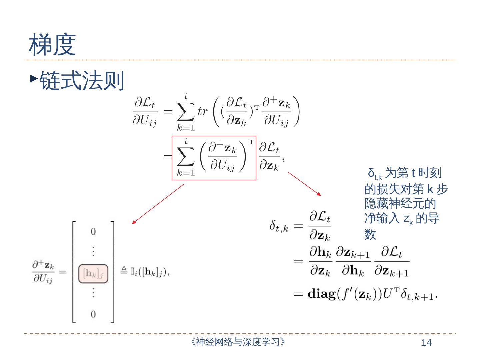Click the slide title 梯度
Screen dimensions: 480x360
(52, 44)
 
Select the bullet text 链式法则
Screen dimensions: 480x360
(82, 80)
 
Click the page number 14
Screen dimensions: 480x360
(426, 343)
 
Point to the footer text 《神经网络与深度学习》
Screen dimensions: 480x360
(238, 342)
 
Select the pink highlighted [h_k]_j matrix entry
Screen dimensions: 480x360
(93, 274)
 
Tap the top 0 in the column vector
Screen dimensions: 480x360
(93, 231)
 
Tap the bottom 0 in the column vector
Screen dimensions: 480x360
(93, 314)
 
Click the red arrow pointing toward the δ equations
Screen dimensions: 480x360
(304, 183)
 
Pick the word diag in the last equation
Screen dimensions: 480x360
(321, 294)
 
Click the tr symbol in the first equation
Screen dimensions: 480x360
(202, 111)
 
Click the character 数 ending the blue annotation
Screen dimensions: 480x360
(370, 234)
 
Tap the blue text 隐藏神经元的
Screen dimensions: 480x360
(400, 203)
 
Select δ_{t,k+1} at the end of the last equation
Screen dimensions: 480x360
(418, 295)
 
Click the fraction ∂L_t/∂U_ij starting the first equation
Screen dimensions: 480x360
(145, 112)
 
